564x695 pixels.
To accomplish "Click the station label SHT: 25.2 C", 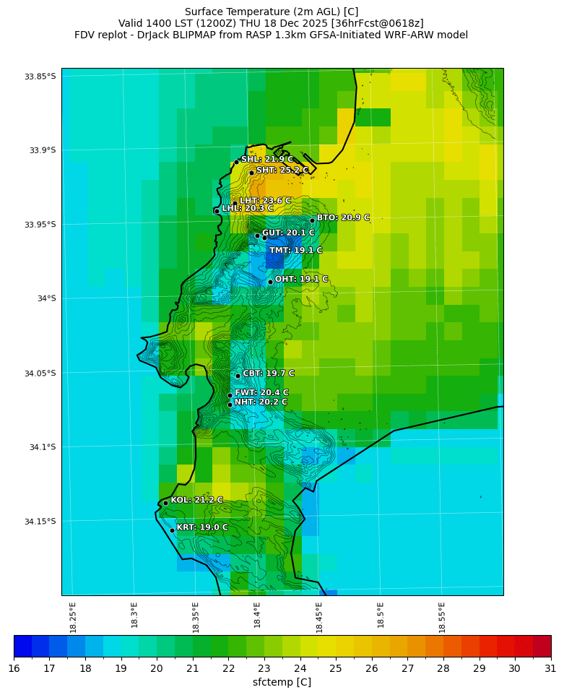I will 282,170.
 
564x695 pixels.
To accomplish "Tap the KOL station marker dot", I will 165,503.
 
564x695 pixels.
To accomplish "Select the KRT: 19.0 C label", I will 201,527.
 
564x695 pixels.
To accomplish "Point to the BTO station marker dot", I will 312,220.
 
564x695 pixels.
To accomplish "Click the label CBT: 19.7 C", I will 268,374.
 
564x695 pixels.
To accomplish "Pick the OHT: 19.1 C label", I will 301,279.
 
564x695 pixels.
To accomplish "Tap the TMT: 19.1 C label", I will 295,251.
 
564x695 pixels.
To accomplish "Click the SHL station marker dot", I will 236,162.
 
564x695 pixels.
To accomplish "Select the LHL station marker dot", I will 217,211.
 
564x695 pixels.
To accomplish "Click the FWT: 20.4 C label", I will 261,393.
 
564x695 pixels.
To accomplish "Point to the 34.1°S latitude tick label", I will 42,447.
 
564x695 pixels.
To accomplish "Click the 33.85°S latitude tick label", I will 40,77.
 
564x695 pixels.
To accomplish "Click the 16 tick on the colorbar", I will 14,669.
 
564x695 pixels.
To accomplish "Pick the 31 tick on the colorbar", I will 551,669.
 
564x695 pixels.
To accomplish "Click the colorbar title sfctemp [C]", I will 282,682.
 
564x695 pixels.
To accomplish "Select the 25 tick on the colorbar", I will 336,669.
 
